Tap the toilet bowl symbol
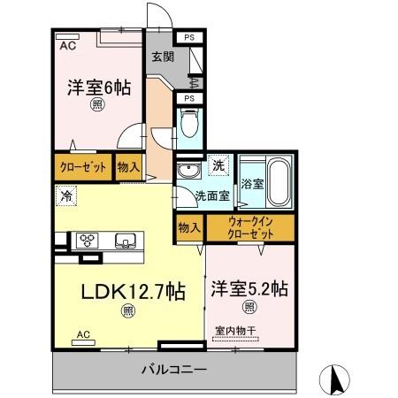tap(188, 121)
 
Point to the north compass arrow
tap(336, 378)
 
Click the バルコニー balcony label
tap(173, 370)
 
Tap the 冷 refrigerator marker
tap(66, 195)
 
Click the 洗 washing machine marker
tap(218, 165)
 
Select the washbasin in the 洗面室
tap(187, 172)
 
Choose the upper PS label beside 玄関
tap(190, 37)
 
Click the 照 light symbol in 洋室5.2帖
tap(250, 308)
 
